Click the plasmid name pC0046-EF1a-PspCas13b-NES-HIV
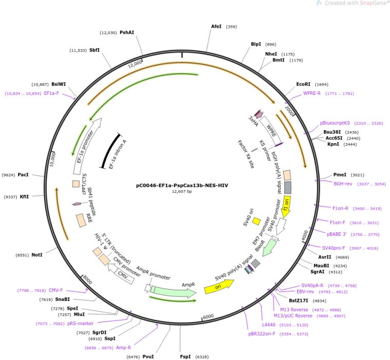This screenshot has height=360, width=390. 182,186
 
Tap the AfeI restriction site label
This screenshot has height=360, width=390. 216,26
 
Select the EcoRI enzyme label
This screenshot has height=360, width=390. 303,84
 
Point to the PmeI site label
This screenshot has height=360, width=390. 340,175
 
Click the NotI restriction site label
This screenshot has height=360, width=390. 37,255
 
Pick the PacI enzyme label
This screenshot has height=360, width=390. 23,175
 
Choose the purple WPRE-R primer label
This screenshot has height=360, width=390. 312,93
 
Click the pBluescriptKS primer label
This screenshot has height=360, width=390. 335,123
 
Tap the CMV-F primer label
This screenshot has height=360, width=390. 56,290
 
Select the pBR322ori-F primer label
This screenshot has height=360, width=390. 262,334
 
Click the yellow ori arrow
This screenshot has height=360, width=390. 219,286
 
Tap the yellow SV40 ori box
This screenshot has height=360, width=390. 257,221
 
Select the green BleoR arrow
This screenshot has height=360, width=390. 269,249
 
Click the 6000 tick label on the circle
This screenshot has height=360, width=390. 208,316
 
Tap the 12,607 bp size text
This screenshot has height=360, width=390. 182,191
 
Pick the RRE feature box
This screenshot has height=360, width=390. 81,221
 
